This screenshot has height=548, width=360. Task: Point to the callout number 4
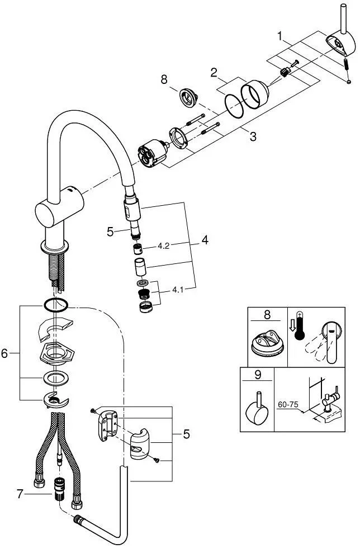pos(205,242)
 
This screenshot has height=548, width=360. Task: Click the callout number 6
pos(6,353)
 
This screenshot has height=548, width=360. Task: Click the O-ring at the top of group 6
pos(55,304)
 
